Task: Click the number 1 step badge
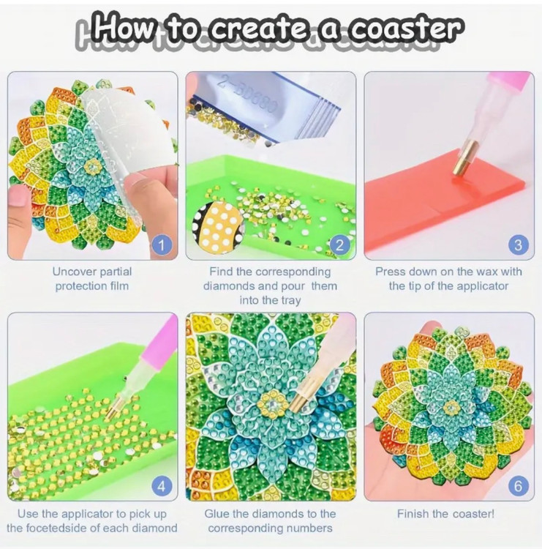pyautogui.click(x=162, y=245)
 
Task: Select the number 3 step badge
pyautogui.click(x=518, y=245)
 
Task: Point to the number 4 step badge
pyautogui.click(x=162, y=486)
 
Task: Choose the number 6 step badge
pyautogui.click(x=518, y=486)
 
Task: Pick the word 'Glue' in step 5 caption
pyautogui.click(x=217, y=514)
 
